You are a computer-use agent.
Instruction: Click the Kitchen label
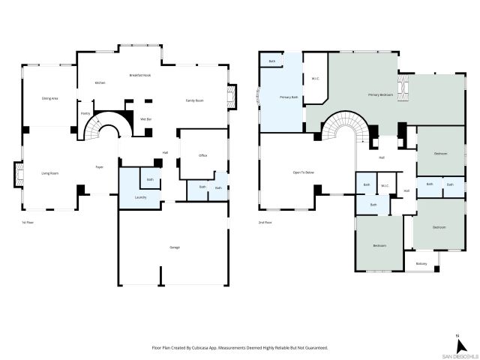pos(99,82)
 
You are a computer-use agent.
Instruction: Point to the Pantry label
pos(85,114)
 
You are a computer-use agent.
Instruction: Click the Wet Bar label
pos(146,118)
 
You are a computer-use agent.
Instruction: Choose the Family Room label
pos(195,100)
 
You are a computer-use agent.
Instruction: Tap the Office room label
pos(202,155)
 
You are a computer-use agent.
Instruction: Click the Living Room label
pos(49,173)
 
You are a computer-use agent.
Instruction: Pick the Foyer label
pos(98,166)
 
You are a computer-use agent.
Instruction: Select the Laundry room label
pos(140,197)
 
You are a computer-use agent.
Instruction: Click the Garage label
pos(175,247)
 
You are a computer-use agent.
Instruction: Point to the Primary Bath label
pos(289,97)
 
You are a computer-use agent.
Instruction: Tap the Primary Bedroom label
pos(381,95)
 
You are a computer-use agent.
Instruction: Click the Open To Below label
pos(303,172)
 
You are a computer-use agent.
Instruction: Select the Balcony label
pos(421,263)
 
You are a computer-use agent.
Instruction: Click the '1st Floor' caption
pos(27,223)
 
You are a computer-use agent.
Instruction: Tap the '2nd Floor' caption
pos(265,223)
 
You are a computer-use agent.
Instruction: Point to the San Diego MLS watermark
pos(457,355)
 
